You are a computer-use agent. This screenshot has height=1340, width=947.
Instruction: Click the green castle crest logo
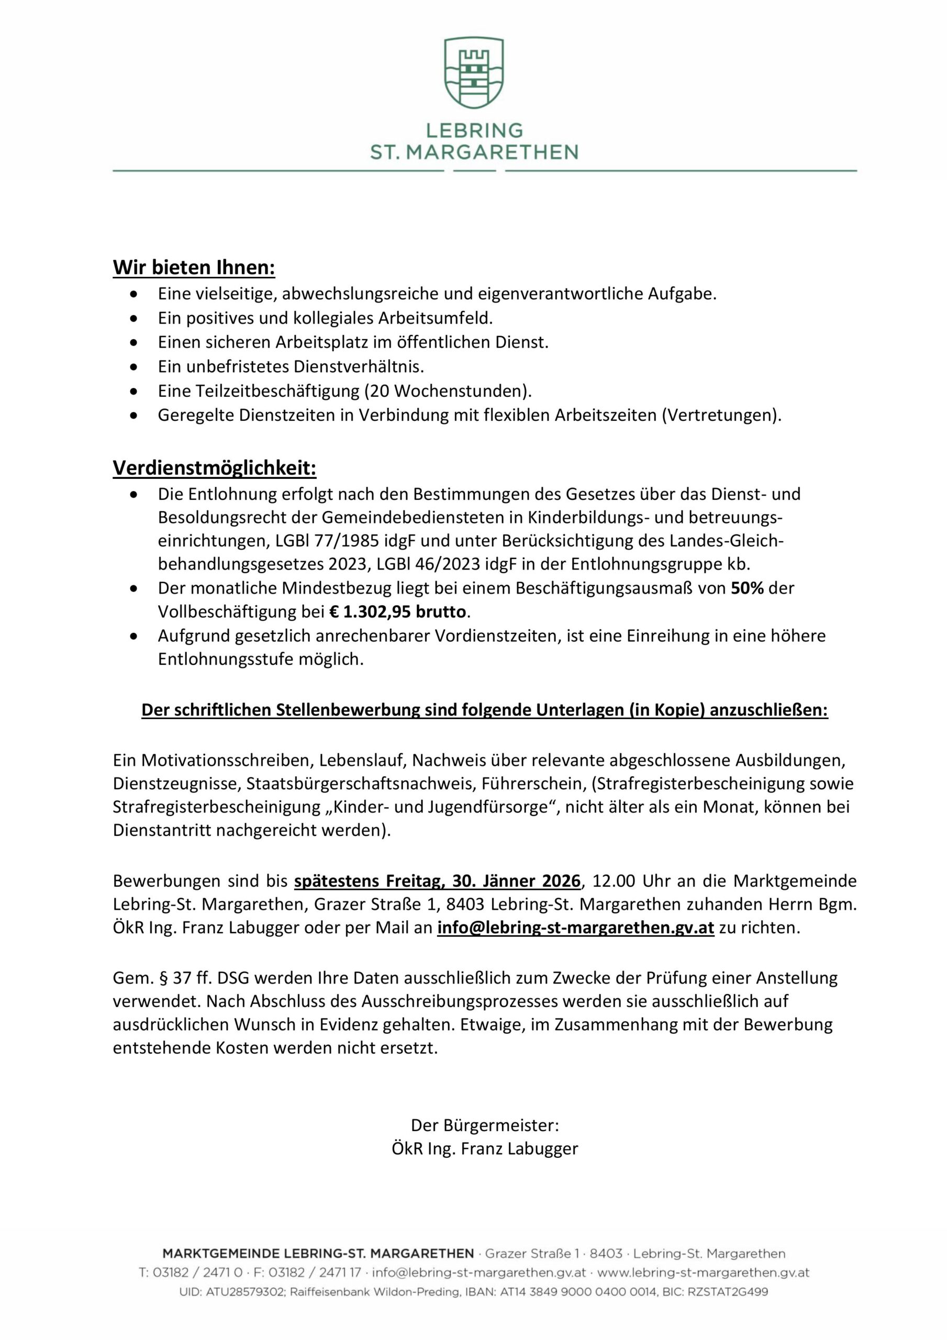[473, 72]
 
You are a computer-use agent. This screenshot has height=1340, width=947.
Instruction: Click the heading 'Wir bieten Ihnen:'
[194, 267]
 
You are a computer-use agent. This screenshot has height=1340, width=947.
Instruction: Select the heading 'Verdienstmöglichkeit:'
[214, 467]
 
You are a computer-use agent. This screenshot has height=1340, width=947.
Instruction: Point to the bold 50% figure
[748, 588]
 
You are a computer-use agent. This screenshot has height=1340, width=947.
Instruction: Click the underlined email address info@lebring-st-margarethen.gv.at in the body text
[575, 928]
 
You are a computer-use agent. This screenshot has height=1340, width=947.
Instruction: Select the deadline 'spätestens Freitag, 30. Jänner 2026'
[437, 880]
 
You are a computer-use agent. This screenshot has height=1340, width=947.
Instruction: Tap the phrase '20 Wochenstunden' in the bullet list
[449, 390]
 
